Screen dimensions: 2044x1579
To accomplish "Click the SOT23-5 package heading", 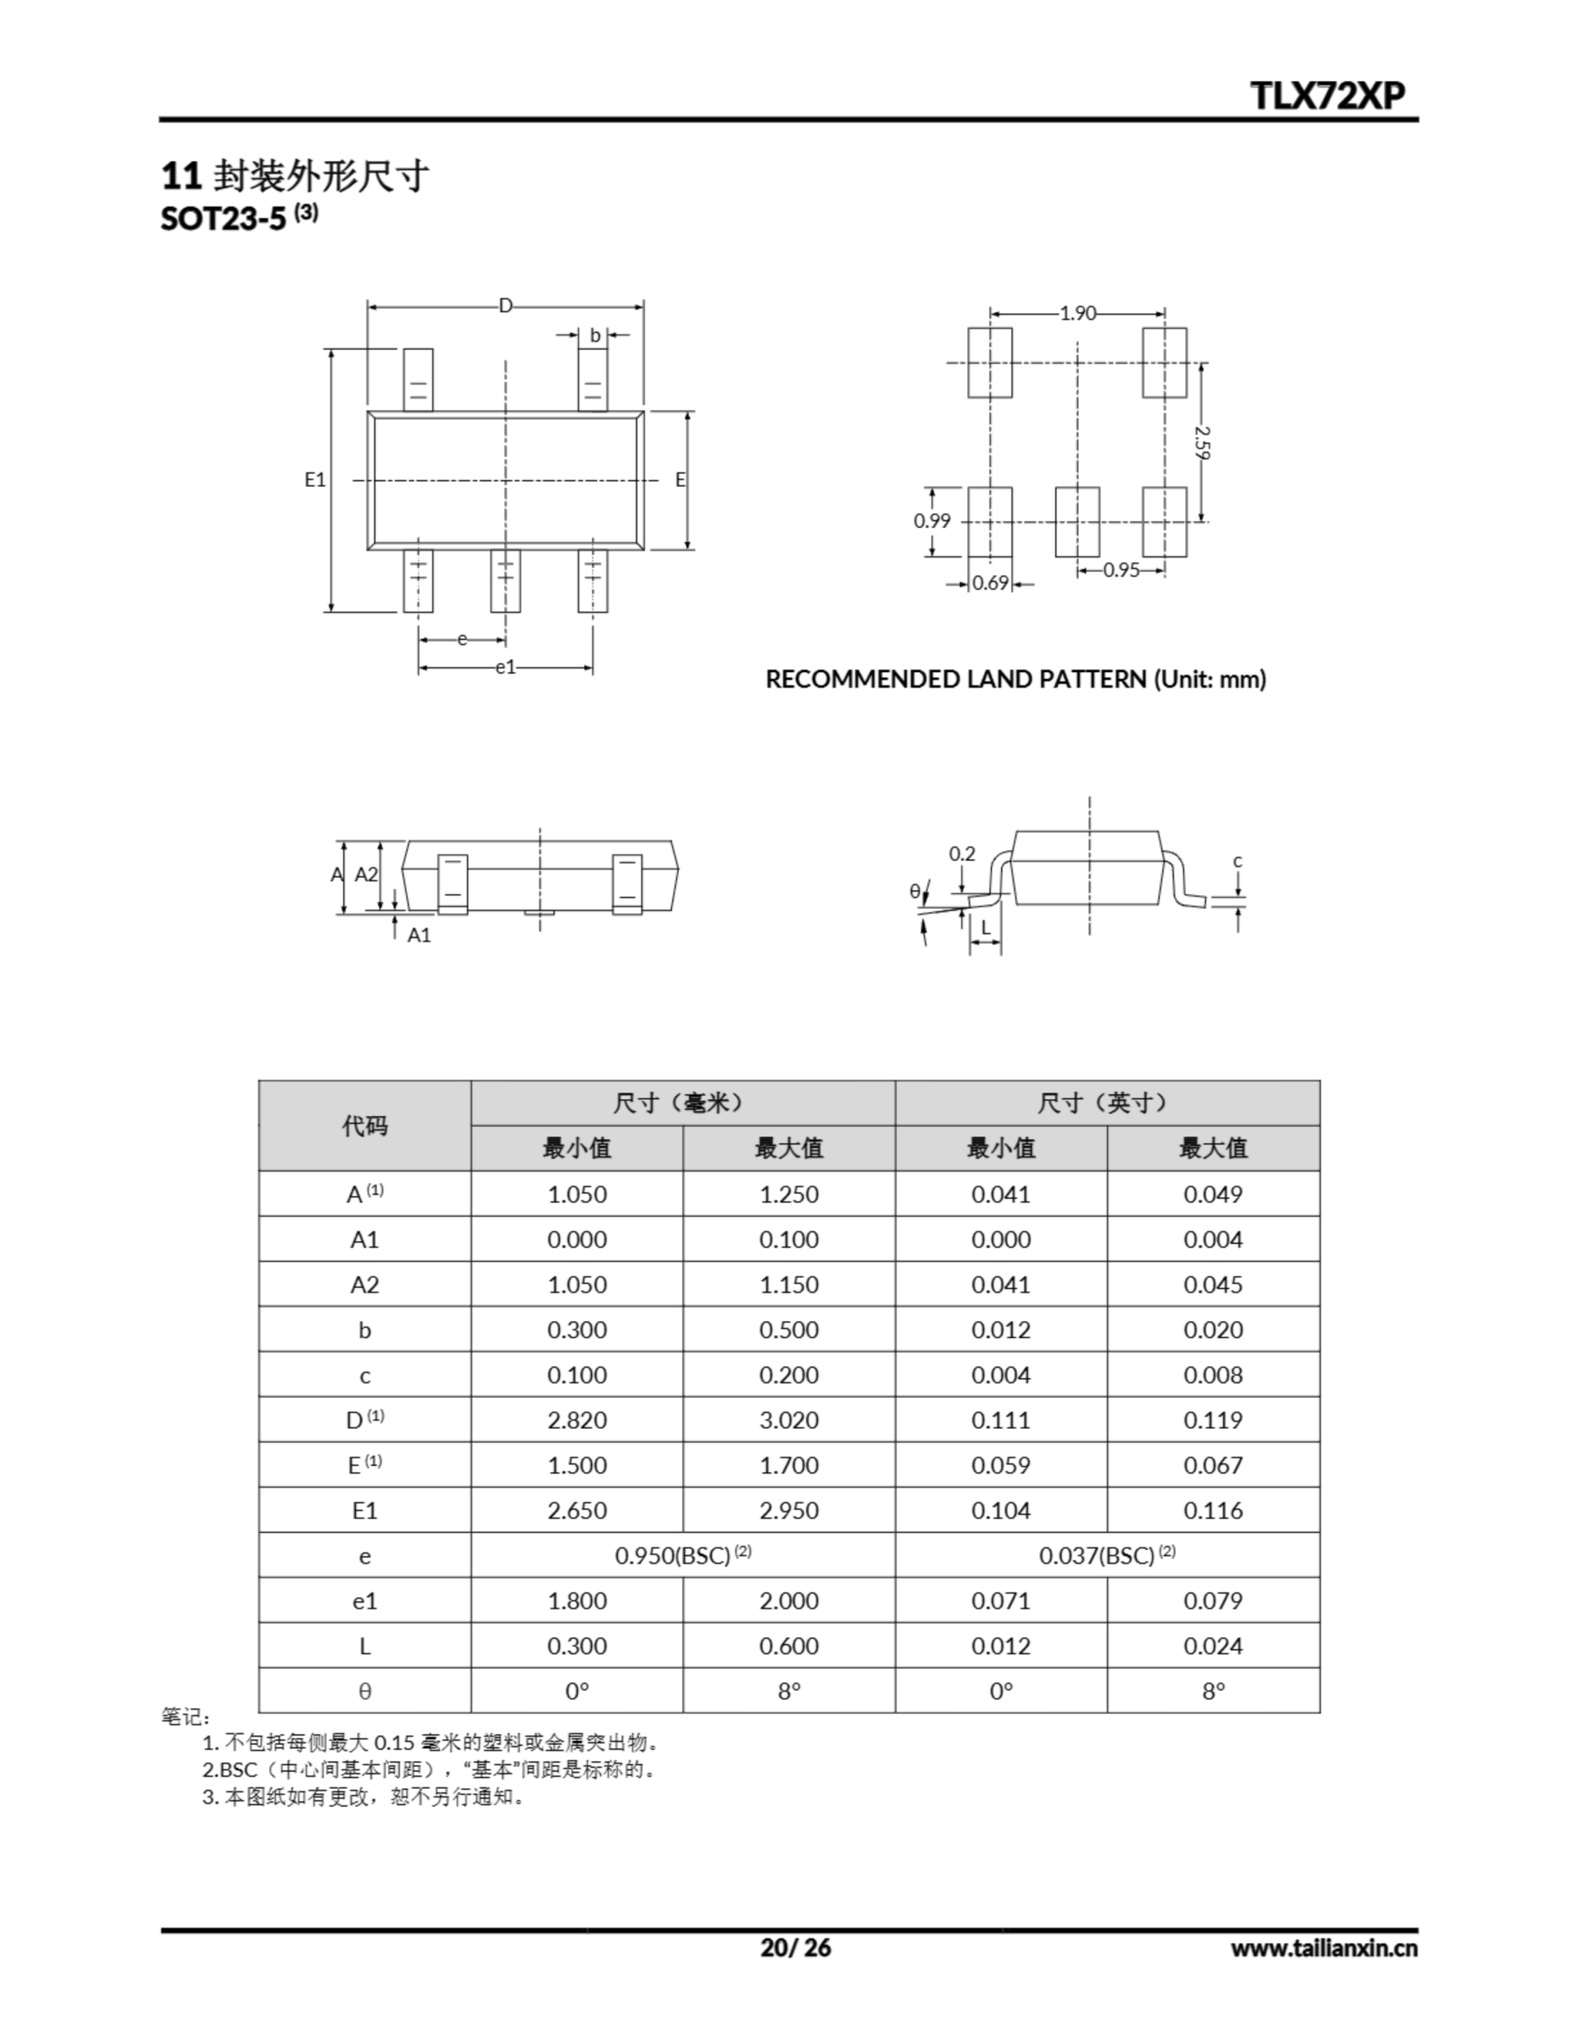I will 224,219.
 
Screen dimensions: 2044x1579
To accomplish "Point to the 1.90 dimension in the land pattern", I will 1078,313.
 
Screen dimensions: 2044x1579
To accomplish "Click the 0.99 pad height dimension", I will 932,521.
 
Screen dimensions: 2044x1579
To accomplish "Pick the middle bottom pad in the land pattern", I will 1078,521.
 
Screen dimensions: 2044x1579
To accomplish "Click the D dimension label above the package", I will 505,306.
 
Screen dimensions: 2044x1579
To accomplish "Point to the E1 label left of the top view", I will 315,480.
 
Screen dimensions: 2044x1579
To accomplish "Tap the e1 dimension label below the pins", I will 505,667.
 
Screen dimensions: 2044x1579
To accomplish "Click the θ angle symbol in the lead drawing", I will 915,891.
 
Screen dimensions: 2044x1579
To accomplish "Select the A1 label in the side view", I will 419,935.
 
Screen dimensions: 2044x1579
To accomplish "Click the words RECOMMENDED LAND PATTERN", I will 956,679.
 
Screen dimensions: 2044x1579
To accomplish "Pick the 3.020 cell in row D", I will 789,1420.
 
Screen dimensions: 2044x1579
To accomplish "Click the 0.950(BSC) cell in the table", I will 683,1555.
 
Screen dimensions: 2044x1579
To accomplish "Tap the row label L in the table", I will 365,1646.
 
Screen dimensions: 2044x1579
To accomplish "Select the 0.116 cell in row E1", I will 1213,1511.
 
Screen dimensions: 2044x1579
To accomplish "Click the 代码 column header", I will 365,1125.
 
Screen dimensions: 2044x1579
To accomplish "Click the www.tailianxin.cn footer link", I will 1324,1948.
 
